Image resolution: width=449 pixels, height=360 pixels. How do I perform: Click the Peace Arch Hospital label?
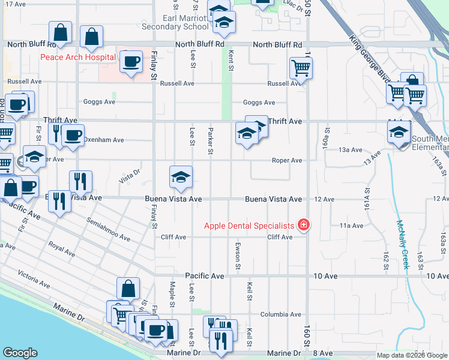pos(78,58)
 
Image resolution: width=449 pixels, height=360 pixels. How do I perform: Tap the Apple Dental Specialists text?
pos(249,226)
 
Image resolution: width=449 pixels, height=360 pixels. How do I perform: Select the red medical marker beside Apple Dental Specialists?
pos(304,225)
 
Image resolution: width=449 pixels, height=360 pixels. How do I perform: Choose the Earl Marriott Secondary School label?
pos(175,22)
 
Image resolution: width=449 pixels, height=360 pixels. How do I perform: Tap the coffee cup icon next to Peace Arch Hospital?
pos(130,61)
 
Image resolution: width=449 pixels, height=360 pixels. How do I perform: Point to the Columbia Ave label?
pos(280,314)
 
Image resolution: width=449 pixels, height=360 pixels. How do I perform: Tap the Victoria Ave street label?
pos(34,279)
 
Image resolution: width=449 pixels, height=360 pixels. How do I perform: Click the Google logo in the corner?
pos(20,352)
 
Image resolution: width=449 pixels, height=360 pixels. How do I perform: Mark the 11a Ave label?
pos(351,226)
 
